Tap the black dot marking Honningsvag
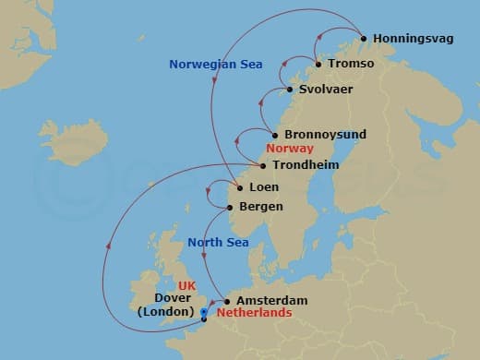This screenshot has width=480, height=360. [x=364, y=39]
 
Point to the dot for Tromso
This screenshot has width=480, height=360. [x=319, y=65]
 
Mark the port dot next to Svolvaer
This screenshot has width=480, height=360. [x=290, y=90]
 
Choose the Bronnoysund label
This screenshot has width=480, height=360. [x=325, y=135]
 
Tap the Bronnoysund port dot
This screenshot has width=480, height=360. [x=275, y=135]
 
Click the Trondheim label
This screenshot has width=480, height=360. [x=306, y=165]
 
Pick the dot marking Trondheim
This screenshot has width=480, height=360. [x=265, y=166]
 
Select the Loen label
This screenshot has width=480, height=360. [x=265, y=187]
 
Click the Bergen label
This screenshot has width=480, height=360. [x=260, y=208]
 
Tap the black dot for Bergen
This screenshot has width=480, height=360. [x=230, y=208]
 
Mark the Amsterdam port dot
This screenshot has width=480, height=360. [x=227, y=301]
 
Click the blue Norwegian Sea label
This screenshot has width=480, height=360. [x=216, y=65]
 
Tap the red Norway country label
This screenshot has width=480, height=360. [x=290, y=150]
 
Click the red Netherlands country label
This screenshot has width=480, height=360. [x=253, y=314]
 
